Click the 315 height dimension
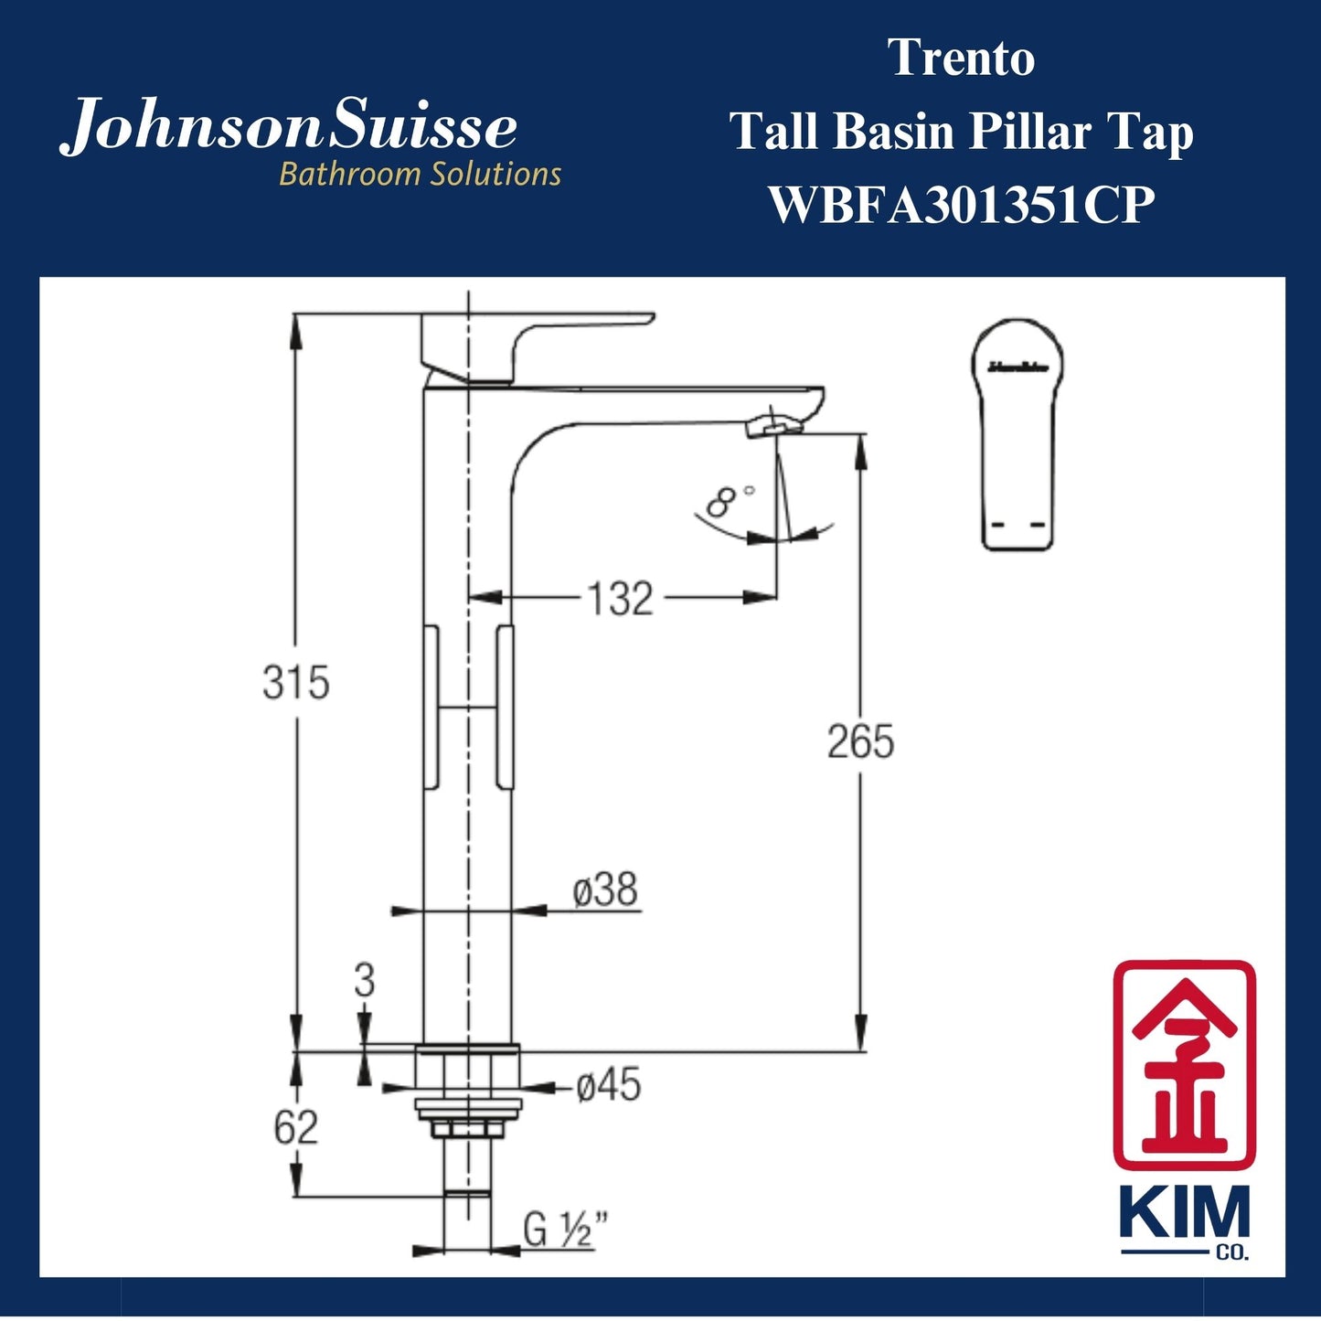[295, 683]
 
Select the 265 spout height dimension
[860, 741]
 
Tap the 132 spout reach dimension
[620, 600]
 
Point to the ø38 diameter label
[605, 890]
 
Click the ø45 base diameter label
[608, 1086]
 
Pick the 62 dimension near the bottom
[295, 1128]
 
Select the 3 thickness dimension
[364, 981]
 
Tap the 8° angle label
[731, 501]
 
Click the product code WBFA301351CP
[961, 205]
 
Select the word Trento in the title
[962, 59]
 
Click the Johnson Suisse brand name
[289, 128]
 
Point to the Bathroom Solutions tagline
[420, 174]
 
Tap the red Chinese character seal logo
[1184, 1064]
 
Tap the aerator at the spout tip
[773, 426]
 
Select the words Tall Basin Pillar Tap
[961, 132]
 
